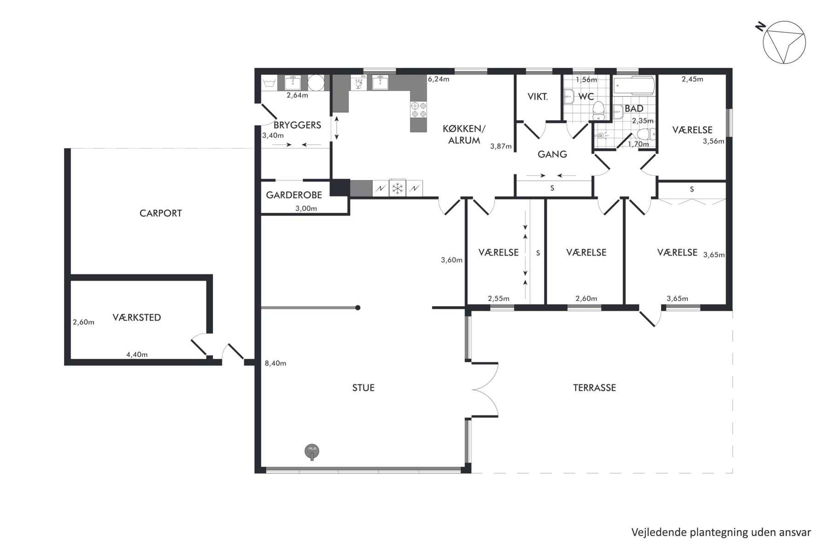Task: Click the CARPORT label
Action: (x=161, y=213)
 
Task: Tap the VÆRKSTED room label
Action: (x=137, y=317)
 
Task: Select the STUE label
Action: (x=363, y=388)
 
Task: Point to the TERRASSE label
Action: (x=594, y=388)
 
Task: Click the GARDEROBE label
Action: (x=294, y=195)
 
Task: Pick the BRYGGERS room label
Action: (x=297, y=125)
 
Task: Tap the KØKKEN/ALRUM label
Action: (x=464, y=134)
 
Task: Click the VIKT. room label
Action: (x=537, y=97)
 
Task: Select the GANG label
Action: (x=552, y=154)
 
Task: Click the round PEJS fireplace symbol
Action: (x=312, y=451)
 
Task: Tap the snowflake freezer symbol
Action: (x=397, y=188)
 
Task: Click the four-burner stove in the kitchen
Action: (x=419, y=109)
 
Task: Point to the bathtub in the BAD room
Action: (x=633, y=86)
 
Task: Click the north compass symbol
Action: (x=783, y=41)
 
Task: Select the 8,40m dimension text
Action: (x=276, y=363)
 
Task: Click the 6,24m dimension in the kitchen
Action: (x=438, y=79)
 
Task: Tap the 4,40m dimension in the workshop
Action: (x=137, y=355)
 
